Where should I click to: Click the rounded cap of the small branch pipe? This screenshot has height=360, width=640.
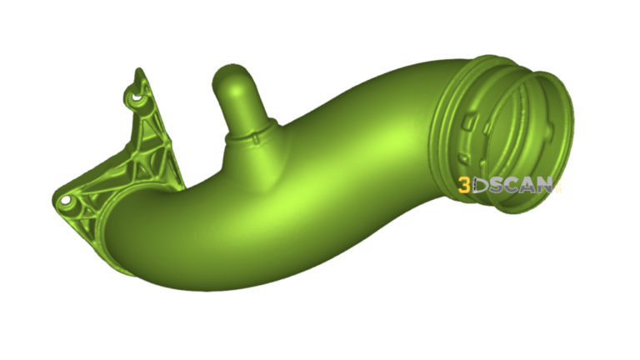[x=231, y=76]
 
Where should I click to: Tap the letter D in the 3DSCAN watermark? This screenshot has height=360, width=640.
[x=478, y=186]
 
